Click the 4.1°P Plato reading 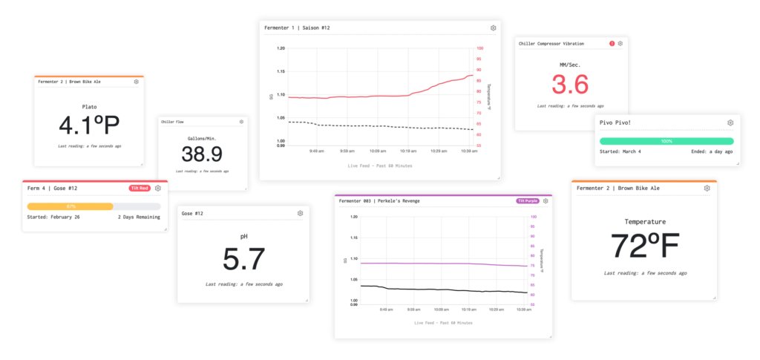click(88, 125)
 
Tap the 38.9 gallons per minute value click(202, 154)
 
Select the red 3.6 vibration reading click(570, 85)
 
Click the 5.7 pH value click(243, 259)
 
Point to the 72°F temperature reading click(644, 246)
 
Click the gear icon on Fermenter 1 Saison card click(494, 27)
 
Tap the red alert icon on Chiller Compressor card click(612, 44)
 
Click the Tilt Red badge click(140, 188)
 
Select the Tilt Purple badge click(527, 200)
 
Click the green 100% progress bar click(666, 141)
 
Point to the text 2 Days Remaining click(139, 217)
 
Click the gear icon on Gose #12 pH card click(301, 213)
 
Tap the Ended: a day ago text click(711, 151)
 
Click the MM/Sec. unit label click(570, 65)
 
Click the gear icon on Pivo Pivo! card click(730, 122)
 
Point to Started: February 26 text click(53, 217)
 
